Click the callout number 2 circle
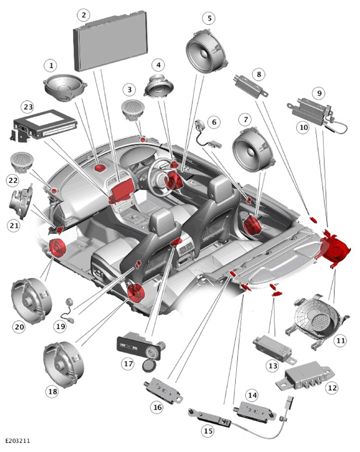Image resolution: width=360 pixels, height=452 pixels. (83, 15)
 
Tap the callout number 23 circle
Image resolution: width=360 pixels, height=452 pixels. (28, 107)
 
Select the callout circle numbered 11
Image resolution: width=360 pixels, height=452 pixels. (340, 341)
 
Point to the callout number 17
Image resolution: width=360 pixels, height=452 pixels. (128, 364)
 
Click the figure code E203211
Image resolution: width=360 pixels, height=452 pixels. (17, 440)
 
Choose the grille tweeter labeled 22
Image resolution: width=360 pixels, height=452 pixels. (22, 162)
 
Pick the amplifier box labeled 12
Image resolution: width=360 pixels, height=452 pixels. (305, 376)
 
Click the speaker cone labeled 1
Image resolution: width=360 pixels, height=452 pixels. (65, 87)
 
